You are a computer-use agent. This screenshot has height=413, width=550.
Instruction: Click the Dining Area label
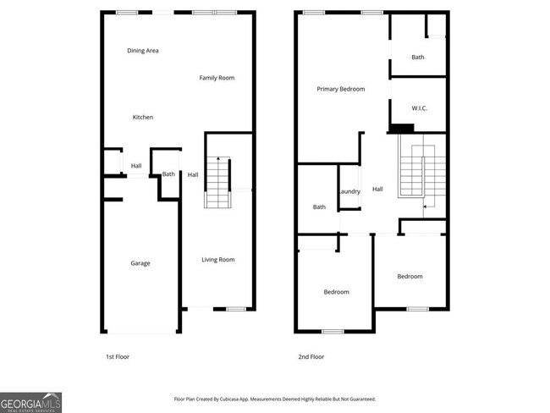coord(143,51)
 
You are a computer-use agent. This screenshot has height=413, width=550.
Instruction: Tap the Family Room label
coord(217,78)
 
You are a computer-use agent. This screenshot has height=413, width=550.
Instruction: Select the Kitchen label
coord(143,117)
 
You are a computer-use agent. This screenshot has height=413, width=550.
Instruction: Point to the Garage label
coord(140,263)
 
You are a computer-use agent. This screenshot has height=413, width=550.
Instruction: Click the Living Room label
coord(218,260)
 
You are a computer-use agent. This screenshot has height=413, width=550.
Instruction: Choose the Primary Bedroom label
coord(341,88)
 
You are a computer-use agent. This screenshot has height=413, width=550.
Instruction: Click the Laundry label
coord(349,191)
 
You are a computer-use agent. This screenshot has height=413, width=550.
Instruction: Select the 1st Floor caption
coord(118,356)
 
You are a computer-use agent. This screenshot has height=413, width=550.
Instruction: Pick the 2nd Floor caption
coord(311,356)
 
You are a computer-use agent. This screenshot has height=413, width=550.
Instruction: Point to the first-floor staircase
coord(217,183)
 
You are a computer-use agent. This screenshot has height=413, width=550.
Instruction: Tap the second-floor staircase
coord(414,173)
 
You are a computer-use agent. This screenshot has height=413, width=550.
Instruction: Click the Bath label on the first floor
coord(168,174)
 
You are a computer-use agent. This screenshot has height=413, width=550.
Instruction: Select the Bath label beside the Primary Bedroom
coord(418,58)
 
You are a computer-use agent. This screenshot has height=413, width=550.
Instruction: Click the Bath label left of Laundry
coord(319,207)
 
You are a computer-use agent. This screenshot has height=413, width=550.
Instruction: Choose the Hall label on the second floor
coord(377,190)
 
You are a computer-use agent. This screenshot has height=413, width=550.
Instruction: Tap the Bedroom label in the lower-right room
coord(410,276)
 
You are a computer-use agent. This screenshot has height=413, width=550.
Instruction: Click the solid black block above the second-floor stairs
coord(401,129)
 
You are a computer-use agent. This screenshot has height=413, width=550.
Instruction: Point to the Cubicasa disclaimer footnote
coord(274,399)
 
